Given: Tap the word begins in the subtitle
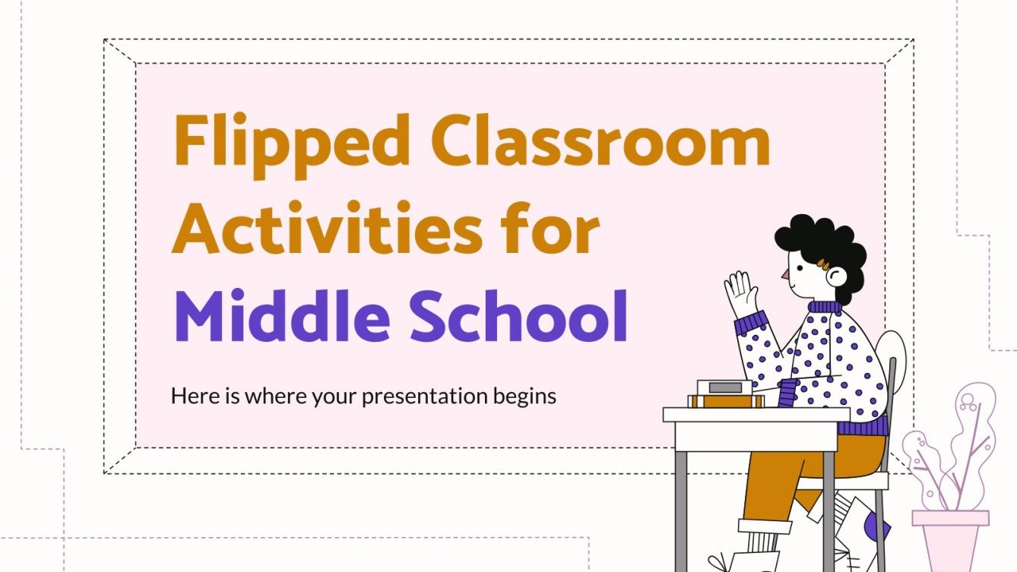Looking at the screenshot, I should pyautogui.click(x=525, y=397).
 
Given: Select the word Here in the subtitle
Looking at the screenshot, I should pyautogui.click(x=189, y=396).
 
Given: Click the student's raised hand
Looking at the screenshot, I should pyautogui.click(x=740, y=292).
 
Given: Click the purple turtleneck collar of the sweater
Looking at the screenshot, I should pyautogui.click(x=824, y=308).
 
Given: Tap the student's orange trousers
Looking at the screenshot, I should pyautogui.click(x=783, y=479).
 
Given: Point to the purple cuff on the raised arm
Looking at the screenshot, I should pyautogui.click(x=749, y=322).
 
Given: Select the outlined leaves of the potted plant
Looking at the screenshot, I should pyautogui.click(x=950, y=448).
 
